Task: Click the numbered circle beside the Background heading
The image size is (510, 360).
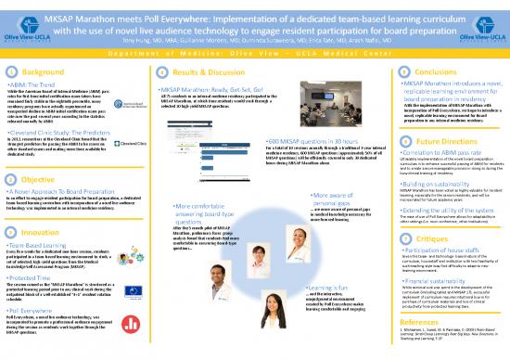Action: (x=8, y=70)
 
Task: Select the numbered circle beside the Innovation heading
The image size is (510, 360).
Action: (x=8, y=231)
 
